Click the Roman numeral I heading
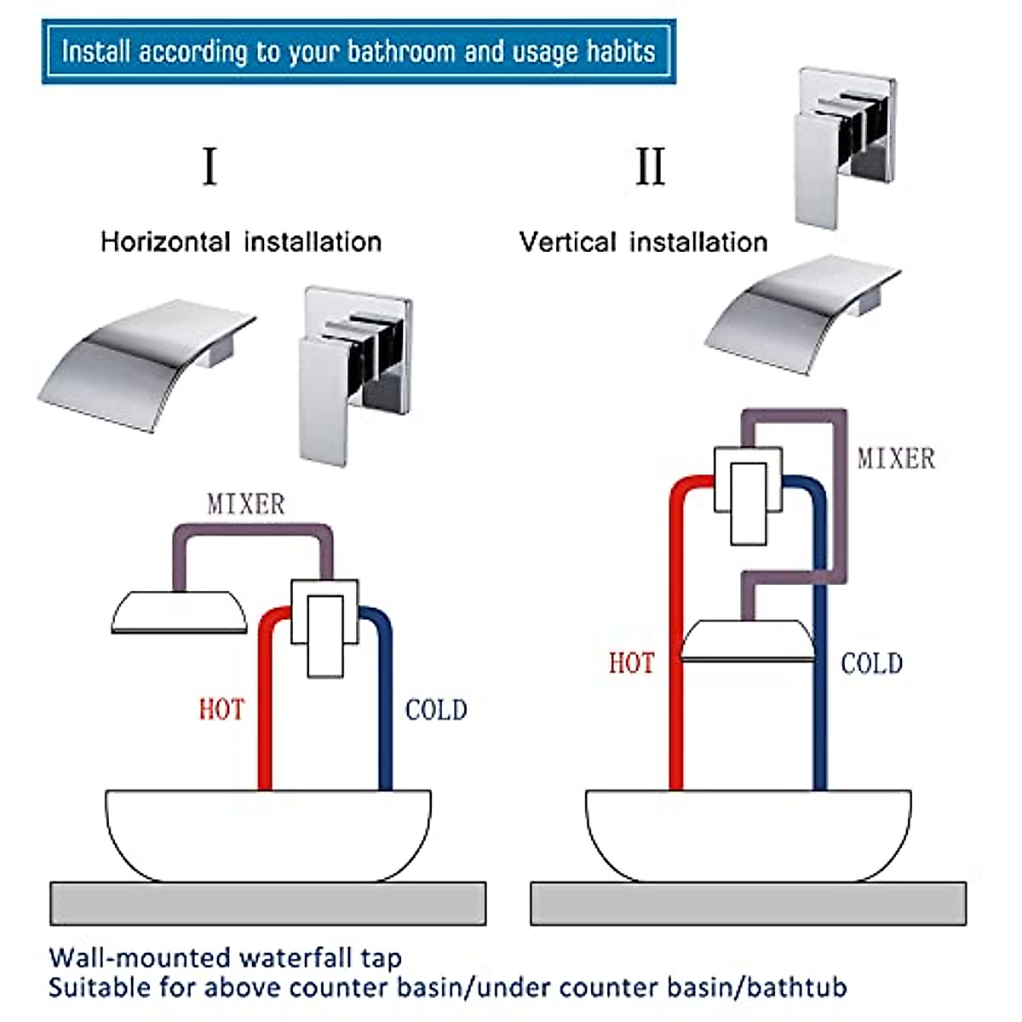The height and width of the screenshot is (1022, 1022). click(210, 166)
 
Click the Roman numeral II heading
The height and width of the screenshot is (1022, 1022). click(650, 166)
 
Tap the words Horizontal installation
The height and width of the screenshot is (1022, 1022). click(241, 242)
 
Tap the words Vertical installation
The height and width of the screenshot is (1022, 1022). click(643, 242)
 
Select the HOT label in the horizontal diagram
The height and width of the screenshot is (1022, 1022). click(221, 709)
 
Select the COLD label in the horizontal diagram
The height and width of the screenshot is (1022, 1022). click(436, 709)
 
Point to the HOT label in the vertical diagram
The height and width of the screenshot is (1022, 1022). click(631, 663)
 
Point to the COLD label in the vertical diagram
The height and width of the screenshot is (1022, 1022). click(871, 663)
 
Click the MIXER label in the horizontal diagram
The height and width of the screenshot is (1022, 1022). click(246, 504)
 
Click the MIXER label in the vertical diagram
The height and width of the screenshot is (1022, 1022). click(896, 458)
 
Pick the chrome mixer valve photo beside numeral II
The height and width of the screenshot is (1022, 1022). click(844, 147)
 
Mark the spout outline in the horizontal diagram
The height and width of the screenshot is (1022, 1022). click(179, 612)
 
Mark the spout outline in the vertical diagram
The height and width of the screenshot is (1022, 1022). click(748, 641)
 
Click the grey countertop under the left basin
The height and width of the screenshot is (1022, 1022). click(267, 904)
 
